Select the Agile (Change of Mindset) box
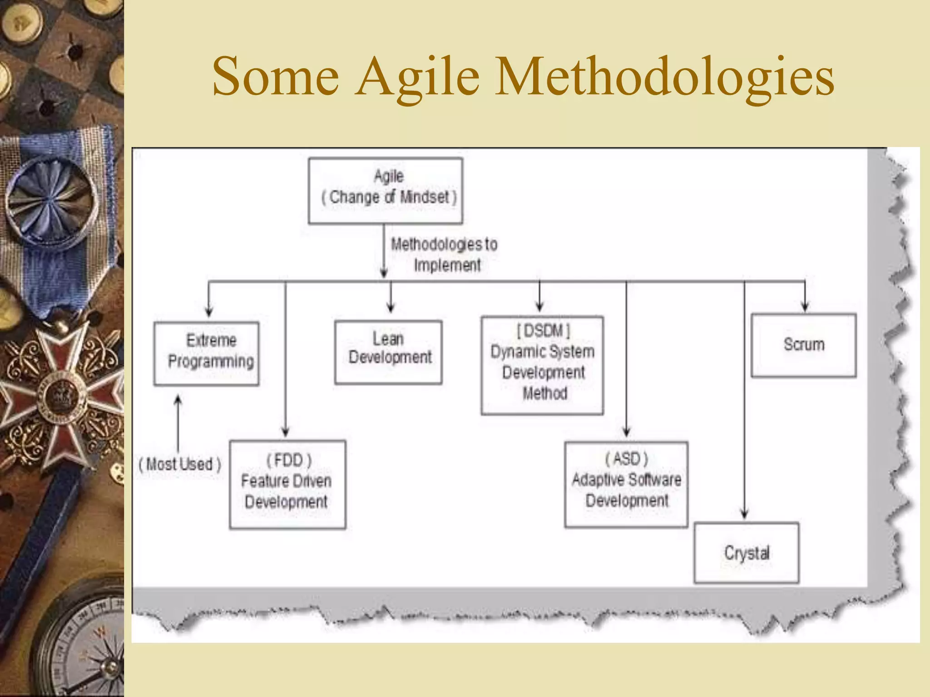click(385, 191)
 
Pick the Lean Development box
click(388, 352)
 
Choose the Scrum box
click(804, 345)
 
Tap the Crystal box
click(747, 553)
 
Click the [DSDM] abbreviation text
click(543, 330)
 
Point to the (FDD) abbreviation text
click(289, 460)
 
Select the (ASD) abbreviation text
click(627, 459)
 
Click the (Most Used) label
click(180, 464)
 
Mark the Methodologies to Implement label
click(444, 255)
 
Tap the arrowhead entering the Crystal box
click(744, 514)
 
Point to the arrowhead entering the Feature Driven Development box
click(286, 432)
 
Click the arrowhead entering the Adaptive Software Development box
click(627, 432)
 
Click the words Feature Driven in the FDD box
click(286, 481)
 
